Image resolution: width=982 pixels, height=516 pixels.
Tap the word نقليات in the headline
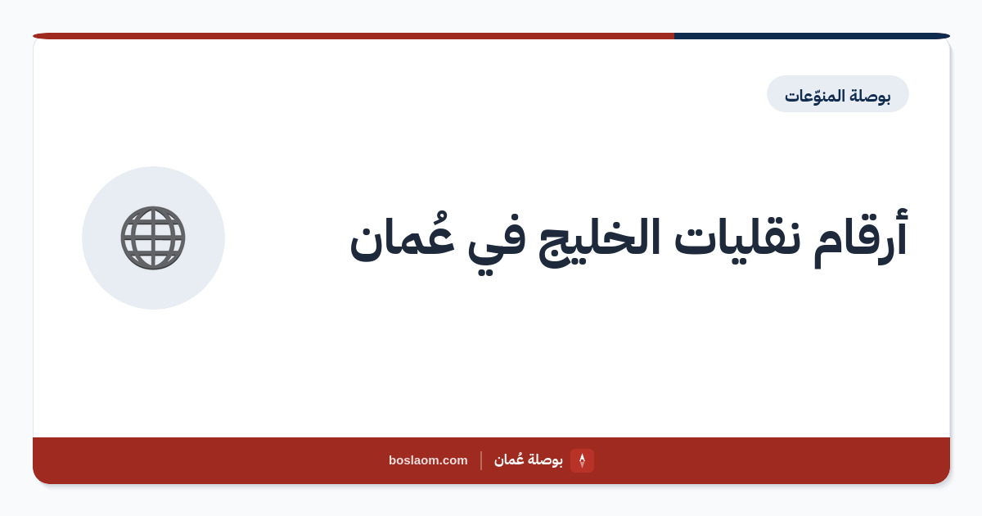click(736, 238)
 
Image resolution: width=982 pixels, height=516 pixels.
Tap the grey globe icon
click(153, 238)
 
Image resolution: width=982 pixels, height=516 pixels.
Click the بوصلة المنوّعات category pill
click(838, 94)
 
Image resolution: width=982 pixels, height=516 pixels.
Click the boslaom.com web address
click(428, 460)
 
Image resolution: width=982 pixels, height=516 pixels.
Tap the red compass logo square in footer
click(582, 460)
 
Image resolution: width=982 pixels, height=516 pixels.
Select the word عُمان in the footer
click(509, 459)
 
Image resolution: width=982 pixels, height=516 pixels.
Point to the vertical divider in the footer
click(481, 460)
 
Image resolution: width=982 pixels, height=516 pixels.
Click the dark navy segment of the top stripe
click(812, 36)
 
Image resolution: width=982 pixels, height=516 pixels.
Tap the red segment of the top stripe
click(354, 36)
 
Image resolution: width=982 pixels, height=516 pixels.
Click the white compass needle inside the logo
click(582, 460)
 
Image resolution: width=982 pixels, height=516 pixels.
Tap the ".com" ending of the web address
click(453, 460)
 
